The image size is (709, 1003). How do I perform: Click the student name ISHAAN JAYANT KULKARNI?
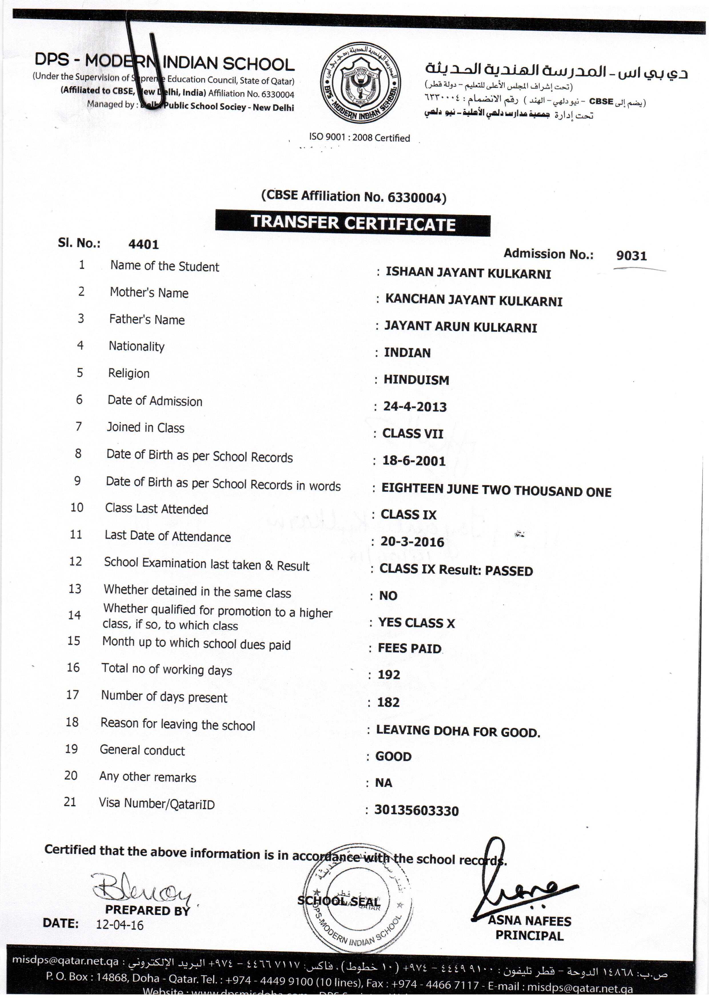pyautogui.click(x=468, y=273)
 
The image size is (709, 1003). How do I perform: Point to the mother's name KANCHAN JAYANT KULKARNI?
pyautogui.click(x=474, y=301)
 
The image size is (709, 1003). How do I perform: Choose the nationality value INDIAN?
pyautogui.click(x=407, y=353)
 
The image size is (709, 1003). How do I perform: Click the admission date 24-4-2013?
pyautogui.click(x=415, y=407)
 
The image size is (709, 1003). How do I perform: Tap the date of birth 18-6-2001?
pyautogui.click(x=414, y=461)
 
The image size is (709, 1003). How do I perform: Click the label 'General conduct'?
pyautogui.click(x=142, y=750)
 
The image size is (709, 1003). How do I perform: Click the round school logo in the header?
pyautogui.click(x=361, y=84)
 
